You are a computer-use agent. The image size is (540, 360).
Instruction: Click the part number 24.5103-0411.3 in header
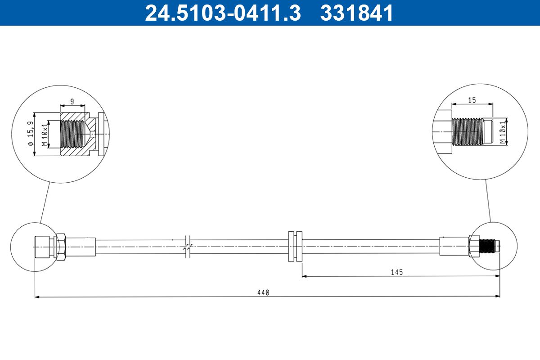[x=222, y=13]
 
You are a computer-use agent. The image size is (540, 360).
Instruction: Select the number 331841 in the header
[x=357, y=13]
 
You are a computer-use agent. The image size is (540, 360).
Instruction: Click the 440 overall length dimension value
[x=263, y=292]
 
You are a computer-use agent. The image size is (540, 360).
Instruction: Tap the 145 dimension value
[x=396, y=272]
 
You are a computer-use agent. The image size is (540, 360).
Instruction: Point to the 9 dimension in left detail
[x=72, y=101]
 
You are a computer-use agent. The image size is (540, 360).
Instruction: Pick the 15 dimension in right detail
[x=472, y=100]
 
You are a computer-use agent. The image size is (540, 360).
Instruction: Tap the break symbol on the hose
[x=189, y=247]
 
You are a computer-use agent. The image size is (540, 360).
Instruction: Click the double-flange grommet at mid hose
[x=295, y=247]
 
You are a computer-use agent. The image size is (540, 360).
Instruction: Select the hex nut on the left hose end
[x=60, y=246]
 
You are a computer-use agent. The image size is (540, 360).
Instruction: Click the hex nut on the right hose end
[x=474, y=247]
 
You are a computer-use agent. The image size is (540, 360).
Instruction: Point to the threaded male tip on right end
[x=490, y=247]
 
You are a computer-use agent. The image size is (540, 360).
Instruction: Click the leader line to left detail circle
[x=45, y=202]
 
